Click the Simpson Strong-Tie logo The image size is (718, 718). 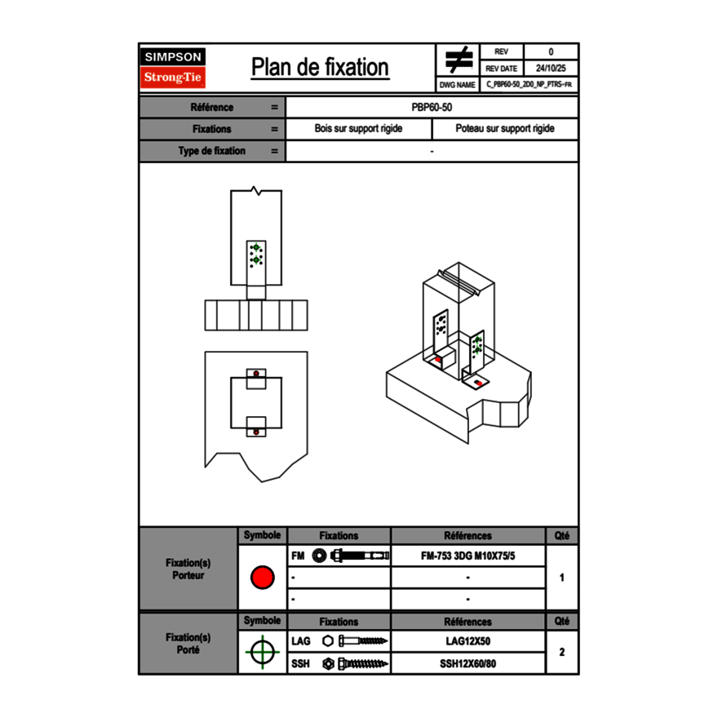point(173,67)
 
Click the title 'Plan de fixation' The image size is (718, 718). point(320,67)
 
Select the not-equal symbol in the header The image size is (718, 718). point(459,60)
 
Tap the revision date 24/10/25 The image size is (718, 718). point(551,69)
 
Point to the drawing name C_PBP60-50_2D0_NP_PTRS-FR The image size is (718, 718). point(529,84)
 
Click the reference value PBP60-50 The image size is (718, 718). point(432,107)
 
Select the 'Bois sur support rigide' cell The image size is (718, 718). point(358,129)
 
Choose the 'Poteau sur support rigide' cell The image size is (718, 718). point(504,129)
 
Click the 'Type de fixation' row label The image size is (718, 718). point(211,151)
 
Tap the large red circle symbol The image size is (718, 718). point(262,578)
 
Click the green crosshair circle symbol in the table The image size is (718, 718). point(262,652)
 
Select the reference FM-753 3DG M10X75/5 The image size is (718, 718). point(468,556)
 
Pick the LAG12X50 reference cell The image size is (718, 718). point(468,641)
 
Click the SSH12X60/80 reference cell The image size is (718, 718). point(468,663)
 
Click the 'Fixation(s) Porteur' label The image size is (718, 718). point(188,569)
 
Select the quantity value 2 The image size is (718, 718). point(561,652)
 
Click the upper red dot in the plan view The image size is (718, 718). point(256,374)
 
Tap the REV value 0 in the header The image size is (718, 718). point(551,52)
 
